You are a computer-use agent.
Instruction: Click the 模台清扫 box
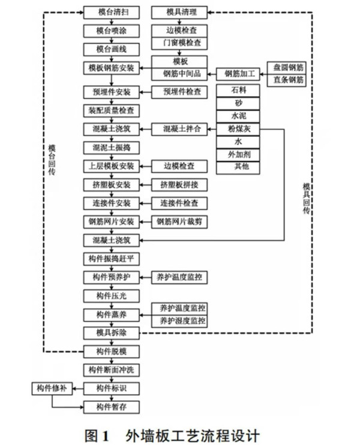(x=112, y=12)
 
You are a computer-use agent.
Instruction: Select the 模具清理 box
(x=180, y=12)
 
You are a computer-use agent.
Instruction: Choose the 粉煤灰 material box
(x=240, y=129)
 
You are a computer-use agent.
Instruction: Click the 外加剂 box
(x=240, y=156)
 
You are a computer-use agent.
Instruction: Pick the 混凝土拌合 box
(x=180, y=129)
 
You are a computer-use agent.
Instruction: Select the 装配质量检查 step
(x=112, y=110)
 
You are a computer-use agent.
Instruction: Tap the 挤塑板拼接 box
(x=180, y=184)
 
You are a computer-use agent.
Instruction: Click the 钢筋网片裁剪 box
(x=180, y=222)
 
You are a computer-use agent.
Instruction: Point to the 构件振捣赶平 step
(x=112, y=258)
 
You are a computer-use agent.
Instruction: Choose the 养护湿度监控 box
(x=180, y=321)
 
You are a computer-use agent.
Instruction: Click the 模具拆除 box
(x=112, y=332)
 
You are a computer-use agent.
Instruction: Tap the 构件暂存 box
(x=112, y=407)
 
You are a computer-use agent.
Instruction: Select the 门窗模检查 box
(x=180, y=43)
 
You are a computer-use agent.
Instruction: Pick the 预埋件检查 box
(x=180, y=92)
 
